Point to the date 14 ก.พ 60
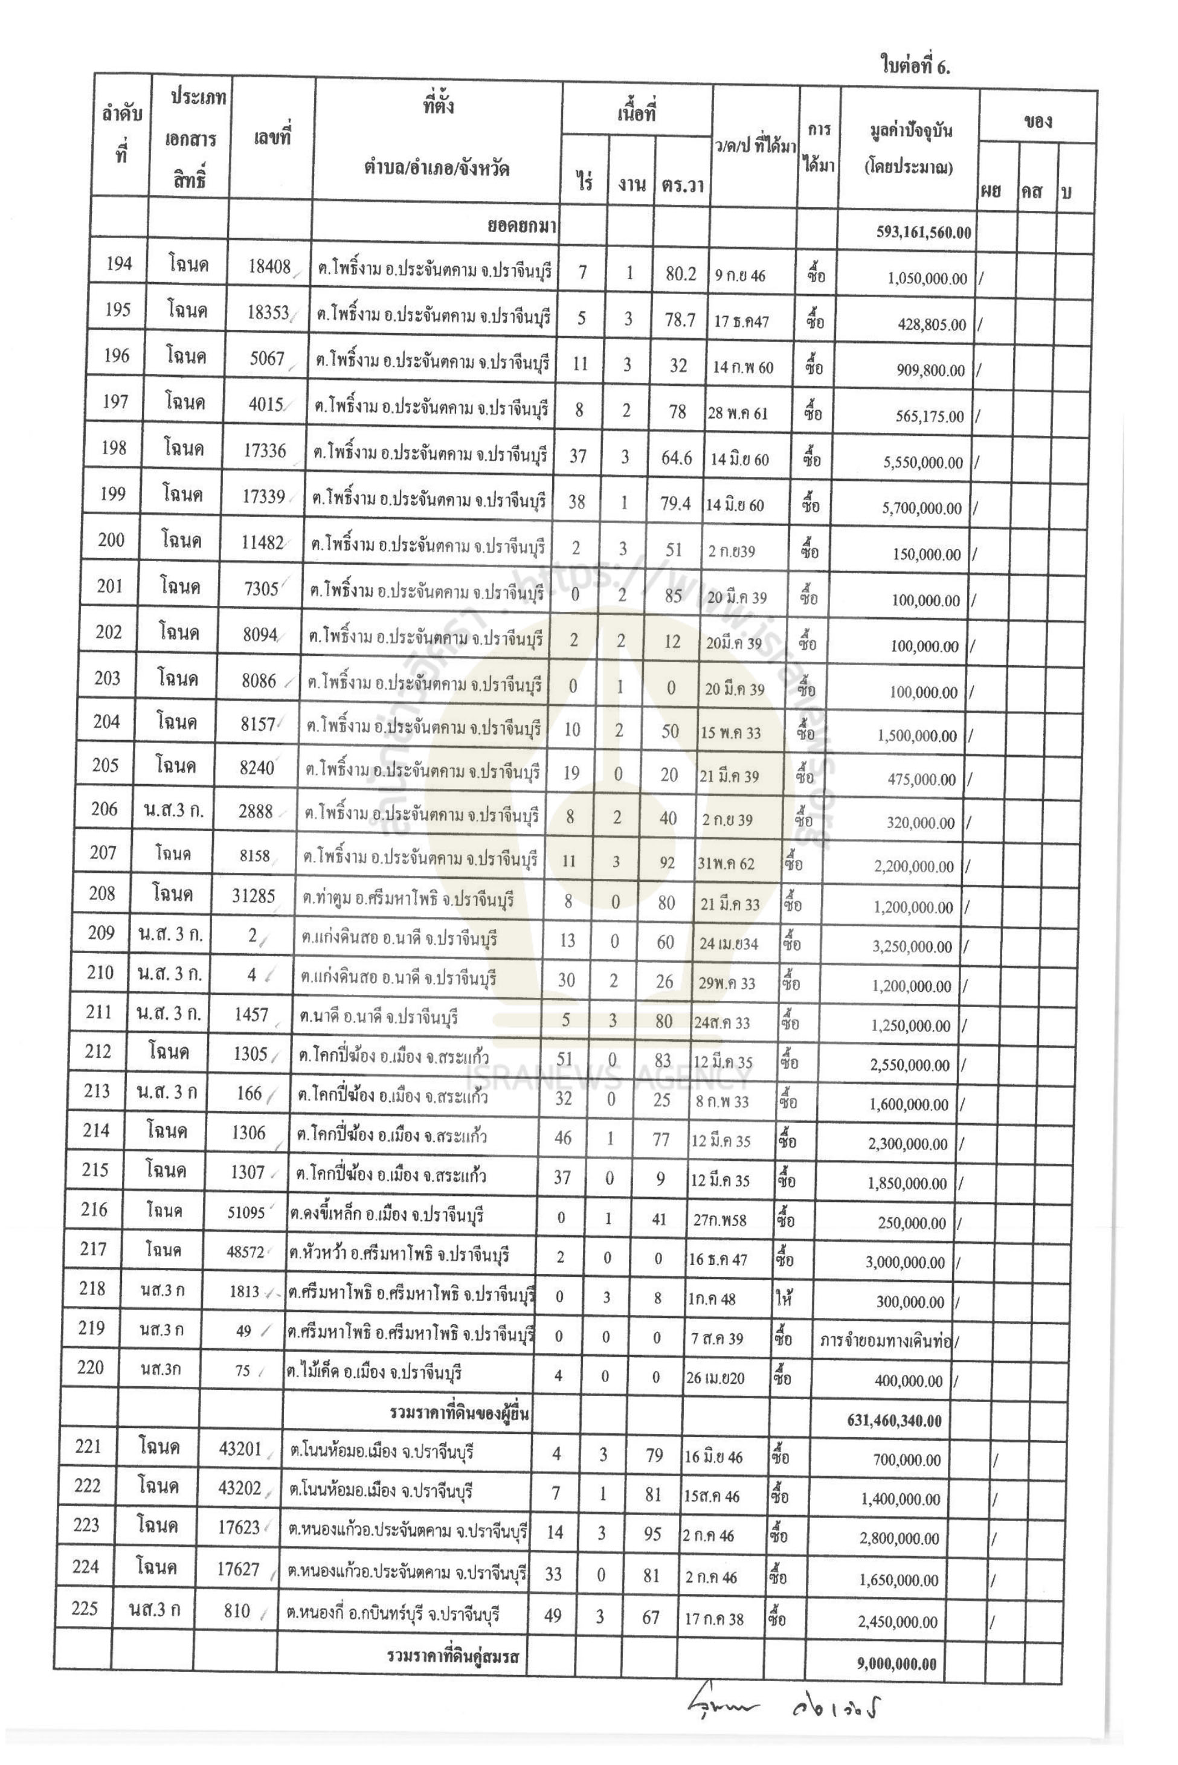tap(743, 367)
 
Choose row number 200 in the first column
tap(111, 539)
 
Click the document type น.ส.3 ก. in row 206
tap(173, 809)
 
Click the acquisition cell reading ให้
tap(784, 1297)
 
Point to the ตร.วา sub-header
tap(683, 185)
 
